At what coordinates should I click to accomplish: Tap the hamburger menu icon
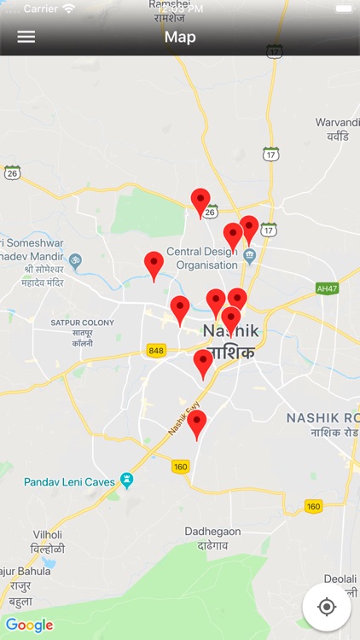[x=26, y=38]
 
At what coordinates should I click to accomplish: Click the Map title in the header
[x=180, y=37]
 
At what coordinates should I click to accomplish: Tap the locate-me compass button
[x=326, y=607]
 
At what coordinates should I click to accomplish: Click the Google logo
[x=30, y=625]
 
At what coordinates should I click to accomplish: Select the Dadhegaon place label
[x=212, y=532]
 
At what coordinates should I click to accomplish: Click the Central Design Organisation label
[x=201, y=258]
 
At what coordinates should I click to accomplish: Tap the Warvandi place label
[x=338, y=123]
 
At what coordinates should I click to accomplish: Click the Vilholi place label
[x=47, y=534]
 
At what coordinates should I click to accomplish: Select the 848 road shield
[x=156, y=351]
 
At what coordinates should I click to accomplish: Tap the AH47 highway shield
[x=326, y=288]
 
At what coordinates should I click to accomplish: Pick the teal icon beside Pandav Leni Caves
[x=127, y=481]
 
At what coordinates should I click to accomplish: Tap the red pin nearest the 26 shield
[x=200, y=201]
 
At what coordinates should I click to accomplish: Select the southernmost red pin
[x=197, y=422]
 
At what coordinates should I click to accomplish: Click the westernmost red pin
[x=154, y=264]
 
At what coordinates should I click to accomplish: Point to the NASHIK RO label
[x=322, y=417]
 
